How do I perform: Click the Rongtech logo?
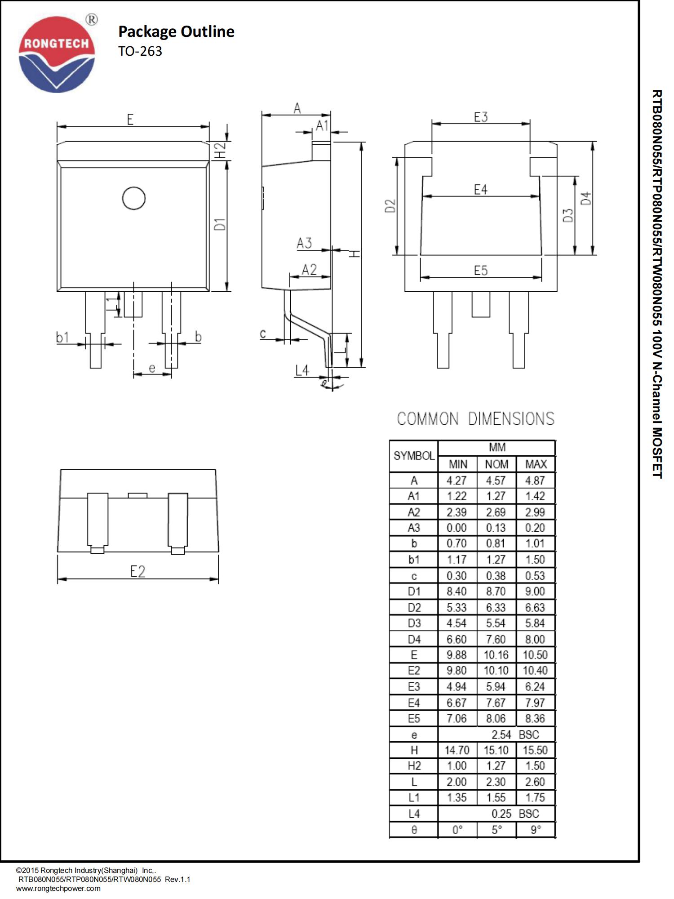click(57, 54)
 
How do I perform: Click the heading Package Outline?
click(176, 31)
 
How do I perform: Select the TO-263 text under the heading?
click(140, 51)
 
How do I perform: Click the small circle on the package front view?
click(134, 198)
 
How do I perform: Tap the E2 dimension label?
click(137, 571)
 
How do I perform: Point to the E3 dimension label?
click(480, 117)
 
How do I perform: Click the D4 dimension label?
click(586, 198)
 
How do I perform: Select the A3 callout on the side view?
click(304, 243)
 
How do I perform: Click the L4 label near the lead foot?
click(302, 370)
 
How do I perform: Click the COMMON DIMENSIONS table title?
click(475, 419)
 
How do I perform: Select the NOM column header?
click(497, 464)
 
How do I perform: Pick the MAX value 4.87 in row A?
click(535, 480)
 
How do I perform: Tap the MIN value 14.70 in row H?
click(457, 750)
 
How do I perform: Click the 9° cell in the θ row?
click(535, 830)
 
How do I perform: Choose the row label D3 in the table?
click(414, 623)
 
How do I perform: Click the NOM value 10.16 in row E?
click(496, 655)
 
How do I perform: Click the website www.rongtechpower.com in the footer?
click(58, 888)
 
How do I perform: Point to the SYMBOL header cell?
click(414, 456)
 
